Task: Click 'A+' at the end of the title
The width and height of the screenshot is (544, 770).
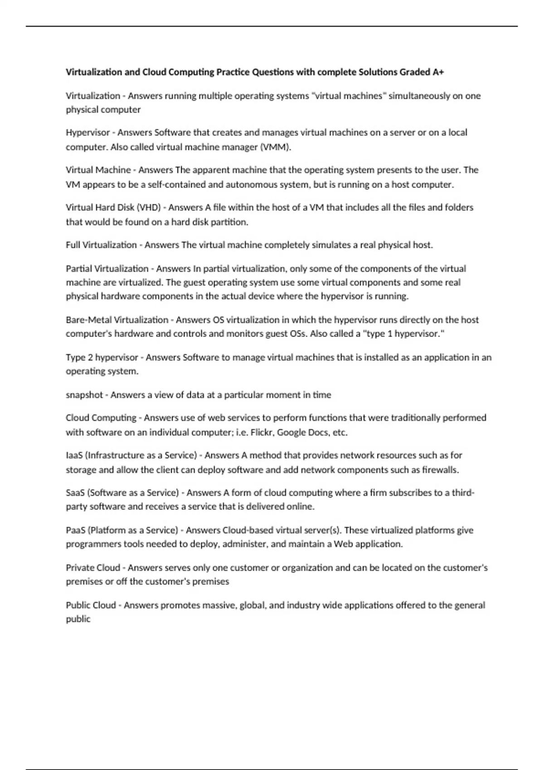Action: click(438, 72)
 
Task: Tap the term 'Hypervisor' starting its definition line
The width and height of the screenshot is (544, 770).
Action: click(87, 133)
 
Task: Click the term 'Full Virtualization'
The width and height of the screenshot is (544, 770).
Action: click(101, 245)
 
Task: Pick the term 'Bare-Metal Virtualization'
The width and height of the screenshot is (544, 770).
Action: click(117, 320)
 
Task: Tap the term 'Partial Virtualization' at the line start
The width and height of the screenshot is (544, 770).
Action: click(107, 269)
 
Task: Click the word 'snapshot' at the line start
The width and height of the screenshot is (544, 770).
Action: click(84, 395)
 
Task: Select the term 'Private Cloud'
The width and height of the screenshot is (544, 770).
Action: click(92, 568)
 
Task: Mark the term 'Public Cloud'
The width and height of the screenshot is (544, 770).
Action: click(91, 605)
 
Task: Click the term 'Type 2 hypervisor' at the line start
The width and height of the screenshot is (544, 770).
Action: click(102, 357)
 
